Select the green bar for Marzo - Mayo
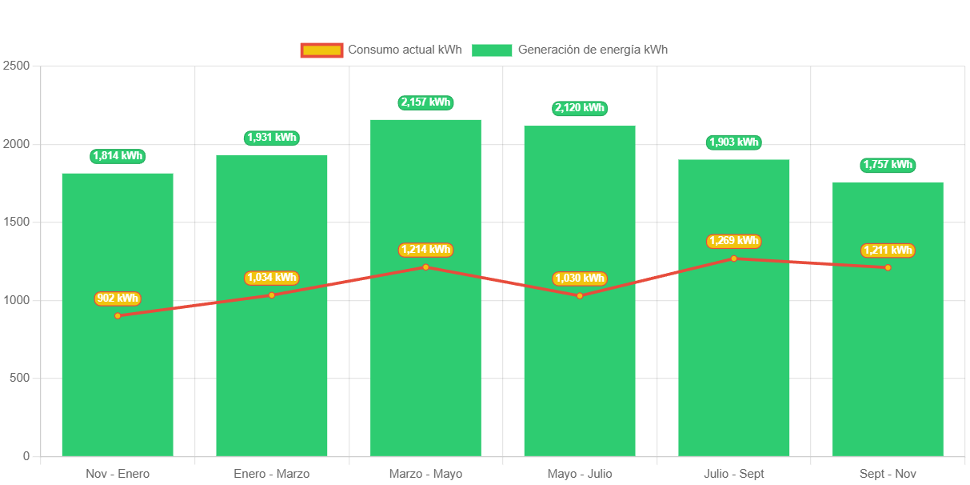[425, 360]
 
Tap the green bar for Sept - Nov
[888, 360]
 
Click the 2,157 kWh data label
[425, 102]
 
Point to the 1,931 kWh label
[272, 138]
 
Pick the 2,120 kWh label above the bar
[580, 108]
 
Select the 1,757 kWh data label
[888, 165]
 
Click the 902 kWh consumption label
[118, 299]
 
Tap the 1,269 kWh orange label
[733, 241]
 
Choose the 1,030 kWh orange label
[580, 279]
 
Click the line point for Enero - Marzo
[272, 295]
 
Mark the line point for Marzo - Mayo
[425, 267]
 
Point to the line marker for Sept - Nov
[888, 267]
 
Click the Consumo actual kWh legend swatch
[321, 50]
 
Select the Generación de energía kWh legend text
[593, 50]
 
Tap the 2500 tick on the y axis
[16, 65]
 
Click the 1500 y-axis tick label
[16, 222]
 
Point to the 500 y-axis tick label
[18, 378]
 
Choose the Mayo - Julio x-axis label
[580, 474]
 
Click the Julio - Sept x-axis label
[733, 474]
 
